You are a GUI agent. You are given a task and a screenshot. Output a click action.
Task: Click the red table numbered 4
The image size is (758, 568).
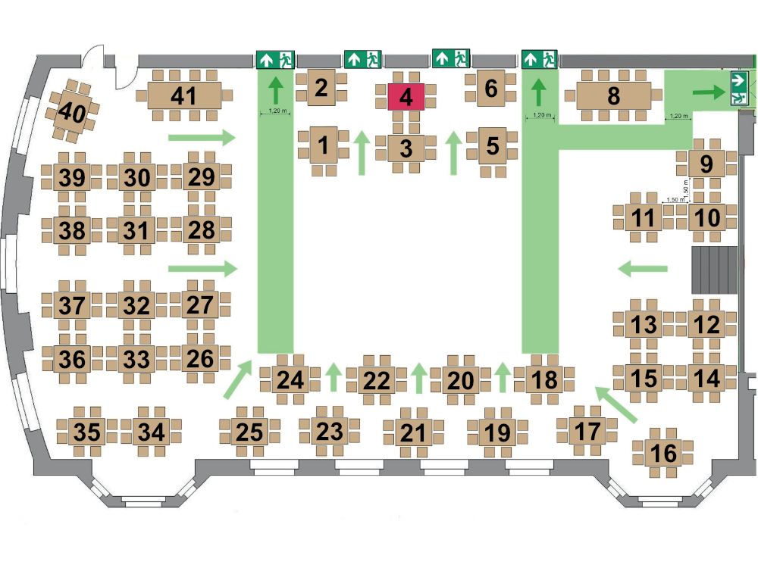[x=406, y=97]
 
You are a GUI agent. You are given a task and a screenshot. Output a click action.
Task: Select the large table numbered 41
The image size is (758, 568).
[x=184, y=95]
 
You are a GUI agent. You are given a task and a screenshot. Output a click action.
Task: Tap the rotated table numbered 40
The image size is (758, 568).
[x=73, y=111]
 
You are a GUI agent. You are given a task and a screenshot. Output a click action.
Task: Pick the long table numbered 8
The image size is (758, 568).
[x=613, y=95]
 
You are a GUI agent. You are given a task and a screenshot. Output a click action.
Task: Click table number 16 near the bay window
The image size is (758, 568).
[x=663, y=453]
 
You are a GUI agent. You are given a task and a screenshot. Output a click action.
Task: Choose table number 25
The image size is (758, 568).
[x=250, y=432]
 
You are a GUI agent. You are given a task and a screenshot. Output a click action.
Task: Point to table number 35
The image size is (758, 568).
[x=87, y=432]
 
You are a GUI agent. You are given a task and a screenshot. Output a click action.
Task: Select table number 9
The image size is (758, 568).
[x=706, y=164]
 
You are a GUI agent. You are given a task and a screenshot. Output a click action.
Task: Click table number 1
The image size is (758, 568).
[x=324, y=145]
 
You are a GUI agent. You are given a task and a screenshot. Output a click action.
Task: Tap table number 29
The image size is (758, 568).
[x=201, y=176]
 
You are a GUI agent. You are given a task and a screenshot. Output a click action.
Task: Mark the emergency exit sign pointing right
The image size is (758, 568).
[x=739, y=87]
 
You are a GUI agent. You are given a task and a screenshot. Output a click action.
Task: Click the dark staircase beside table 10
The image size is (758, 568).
[x=715, y=270]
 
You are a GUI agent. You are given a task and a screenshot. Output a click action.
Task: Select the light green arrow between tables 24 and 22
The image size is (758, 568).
[x=333, y=377]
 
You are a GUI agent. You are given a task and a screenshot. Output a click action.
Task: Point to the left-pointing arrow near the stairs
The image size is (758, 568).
[x=643, y=269]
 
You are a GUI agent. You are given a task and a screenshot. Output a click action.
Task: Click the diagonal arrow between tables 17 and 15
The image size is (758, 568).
[x=615, y=404]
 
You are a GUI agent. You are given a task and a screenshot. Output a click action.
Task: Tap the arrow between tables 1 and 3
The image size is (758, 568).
[x=362, y=153]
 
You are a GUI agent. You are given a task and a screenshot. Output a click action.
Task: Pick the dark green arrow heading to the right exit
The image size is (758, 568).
[x=709, y=92]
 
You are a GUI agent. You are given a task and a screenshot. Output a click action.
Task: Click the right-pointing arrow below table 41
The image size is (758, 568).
[x=202, y=138]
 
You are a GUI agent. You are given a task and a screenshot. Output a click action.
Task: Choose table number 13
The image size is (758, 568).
[x=644, y=323]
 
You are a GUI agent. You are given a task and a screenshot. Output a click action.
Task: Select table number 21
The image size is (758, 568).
[x=413, y=432]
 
